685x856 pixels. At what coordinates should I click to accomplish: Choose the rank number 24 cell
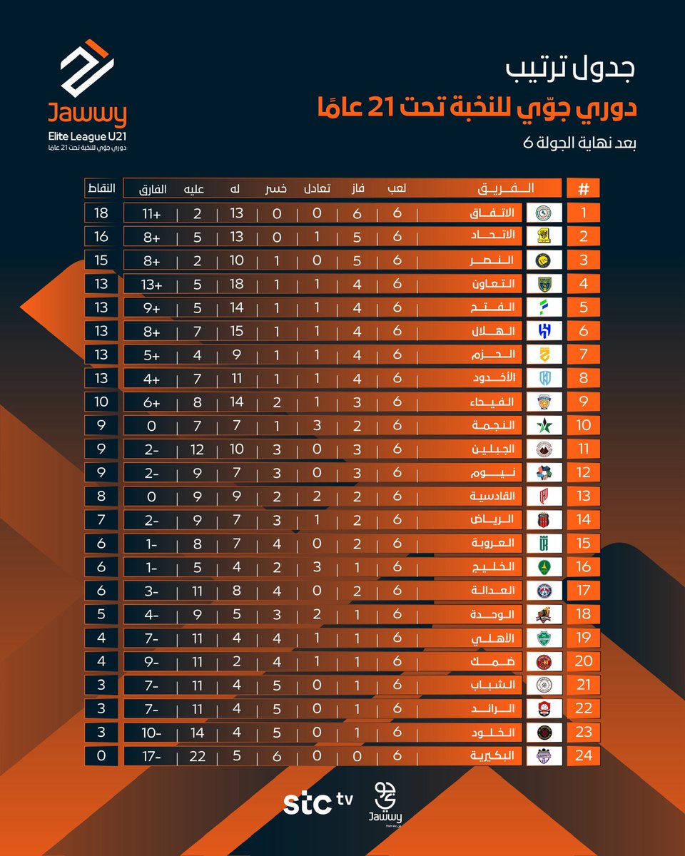pos(583,755)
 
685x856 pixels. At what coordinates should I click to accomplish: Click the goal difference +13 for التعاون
pos(152,283)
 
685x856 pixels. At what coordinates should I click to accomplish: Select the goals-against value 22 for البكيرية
pos(197,755)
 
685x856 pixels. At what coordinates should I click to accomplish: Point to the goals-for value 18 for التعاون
pos(236,283)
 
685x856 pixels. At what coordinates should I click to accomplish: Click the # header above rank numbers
pos(583,189)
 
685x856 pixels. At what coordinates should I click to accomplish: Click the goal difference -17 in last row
pos(152,755)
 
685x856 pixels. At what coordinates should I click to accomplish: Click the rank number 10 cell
pos(583,425)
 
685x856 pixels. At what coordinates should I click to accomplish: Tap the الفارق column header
pos(152,189)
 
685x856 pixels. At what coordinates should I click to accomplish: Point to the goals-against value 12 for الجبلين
pos(197,449)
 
